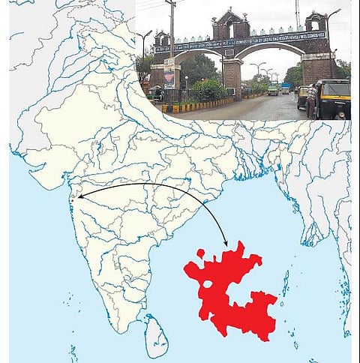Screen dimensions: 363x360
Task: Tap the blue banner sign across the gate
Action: pyautogui.click(x=240, y=42)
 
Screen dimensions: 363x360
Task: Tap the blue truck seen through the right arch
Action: pyautogui.click(x=286, y=88)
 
